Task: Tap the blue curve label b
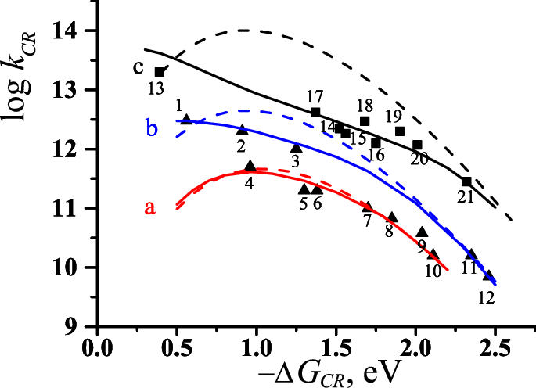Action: pyautogui.click(x=153, y=128)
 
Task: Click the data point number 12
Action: pyautogui.click(x=487, y=296)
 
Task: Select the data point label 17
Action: pyautogui.click(x=315, y=98)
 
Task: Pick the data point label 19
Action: pyautogui.click(x=393, y=117)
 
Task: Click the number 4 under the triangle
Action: pyautogui.click(x=249, y=183)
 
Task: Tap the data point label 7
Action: pyautogui.click(x=367, y=222)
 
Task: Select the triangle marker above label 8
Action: pyautogui.click(x=393, y=217)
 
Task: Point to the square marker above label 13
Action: pyautogui.click(x=160, y=71)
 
